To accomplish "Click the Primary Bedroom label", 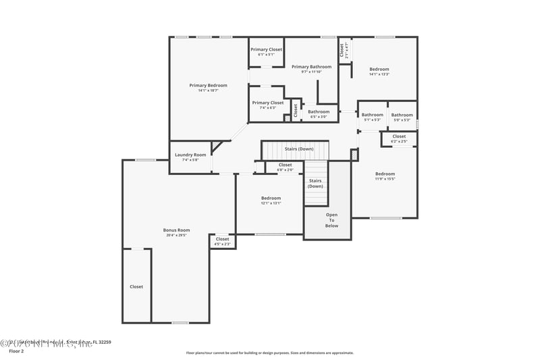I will click(208, 85).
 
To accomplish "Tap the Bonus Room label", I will click(177, 230).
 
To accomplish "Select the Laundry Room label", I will click(190, 155).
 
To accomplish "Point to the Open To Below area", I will click(332, 220).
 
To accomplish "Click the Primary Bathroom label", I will click(311, 67).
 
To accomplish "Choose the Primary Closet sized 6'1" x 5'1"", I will click(266, 49).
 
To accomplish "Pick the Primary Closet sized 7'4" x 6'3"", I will click(267, 103).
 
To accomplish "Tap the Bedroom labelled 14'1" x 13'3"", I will click(379, 69).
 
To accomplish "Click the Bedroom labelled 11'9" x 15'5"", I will click(385, 174).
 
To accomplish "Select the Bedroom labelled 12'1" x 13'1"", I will click(271, 198).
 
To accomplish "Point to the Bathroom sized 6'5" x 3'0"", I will click(319, 111).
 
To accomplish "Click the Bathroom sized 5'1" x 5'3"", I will click(372, 115).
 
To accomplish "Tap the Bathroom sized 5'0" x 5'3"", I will click(402, 115).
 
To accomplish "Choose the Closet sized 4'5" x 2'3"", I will click(222, 239).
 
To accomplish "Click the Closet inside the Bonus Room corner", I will click(136, 286).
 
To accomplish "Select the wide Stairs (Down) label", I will click(298, 149).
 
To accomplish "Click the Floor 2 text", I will click(16, 351).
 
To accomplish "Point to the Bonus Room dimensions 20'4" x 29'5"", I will click(177, 236).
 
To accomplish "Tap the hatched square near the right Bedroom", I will click(354, 155).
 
